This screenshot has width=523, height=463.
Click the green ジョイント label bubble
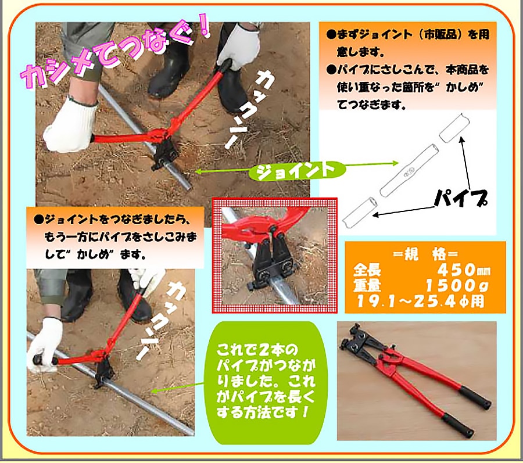coord(297,171)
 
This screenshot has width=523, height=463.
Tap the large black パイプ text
coord(461,199)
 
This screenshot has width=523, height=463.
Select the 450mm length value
coord(464,270)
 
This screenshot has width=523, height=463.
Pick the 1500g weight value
coord(457,285)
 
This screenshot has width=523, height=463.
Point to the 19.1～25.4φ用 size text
coord(420,302)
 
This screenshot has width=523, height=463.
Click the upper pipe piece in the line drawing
coord(454,127)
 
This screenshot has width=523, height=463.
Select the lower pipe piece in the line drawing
coord(360,213)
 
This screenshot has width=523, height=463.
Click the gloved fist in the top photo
coord(71,126)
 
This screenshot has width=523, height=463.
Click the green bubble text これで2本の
coord(256,350)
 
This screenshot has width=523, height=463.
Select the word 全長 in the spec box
coord(367,270)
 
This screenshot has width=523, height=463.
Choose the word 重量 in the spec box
coord(367,286)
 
